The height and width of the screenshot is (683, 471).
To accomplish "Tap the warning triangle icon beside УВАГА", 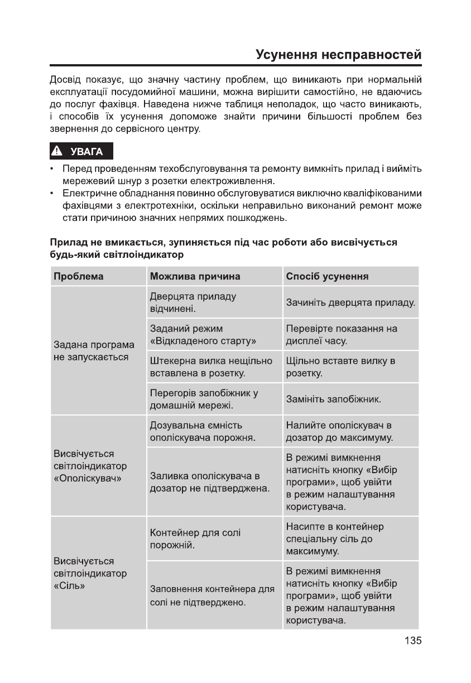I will pyautogui.click(x=57, y=151).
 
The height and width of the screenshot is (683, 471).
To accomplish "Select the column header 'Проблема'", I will pyautogui.click(x=79, y=276).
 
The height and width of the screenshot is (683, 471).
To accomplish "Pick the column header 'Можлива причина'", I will pyautogui.click(x=195, y=276).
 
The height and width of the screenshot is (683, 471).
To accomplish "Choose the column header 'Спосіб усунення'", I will pyautogui.click(x=327, y=276).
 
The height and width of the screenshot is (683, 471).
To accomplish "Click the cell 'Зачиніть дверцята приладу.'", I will pyautogui.click(x=350, y=302).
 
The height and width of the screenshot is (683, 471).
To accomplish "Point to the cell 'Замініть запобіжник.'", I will pyautogui.click(x=333, y=400).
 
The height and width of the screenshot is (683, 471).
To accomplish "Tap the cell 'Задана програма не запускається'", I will pyautogui.click(x=94, y=350).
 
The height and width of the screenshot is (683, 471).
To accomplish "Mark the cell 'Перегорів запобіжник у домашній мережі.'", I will pyautogui.click(x=204, y=399).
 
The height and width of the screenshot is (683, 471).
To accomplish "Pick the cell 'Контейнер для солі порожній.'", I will pyautogui.click(x=195, y=539).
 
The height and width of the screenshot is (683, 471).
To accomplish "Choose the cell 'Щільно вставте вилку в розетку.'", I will pyautogui.click(x=340, y=367).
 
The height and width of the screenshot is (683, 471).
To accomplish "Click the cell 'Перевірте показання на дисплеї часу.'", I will pyautogui.click(x=342, y=334).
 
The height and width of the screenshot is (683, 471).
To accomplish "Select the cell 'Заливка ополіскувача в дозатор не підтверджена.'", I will pyautogui.click(x=210, y=482).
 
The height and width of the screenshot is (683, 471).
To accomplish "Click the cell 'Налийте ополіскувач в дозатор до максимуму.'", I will pyautogui.click(x=339, y=431).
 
